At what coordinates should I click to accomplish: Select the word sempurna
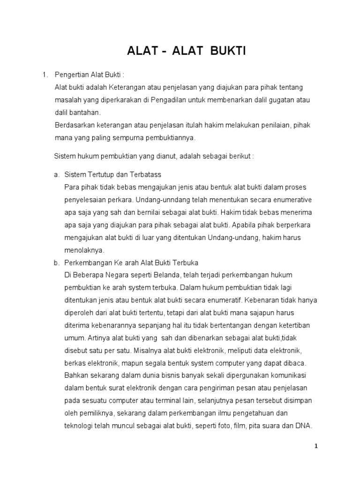click(x=134, y=138)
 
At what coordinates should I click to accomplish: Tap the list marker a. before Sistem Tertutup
click(x=56, y=174)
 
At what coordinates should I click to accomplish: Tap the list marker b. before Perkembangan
click(x=56, y=262)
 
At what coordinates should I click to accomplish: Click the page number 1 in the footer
click(x=316, y=447)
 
